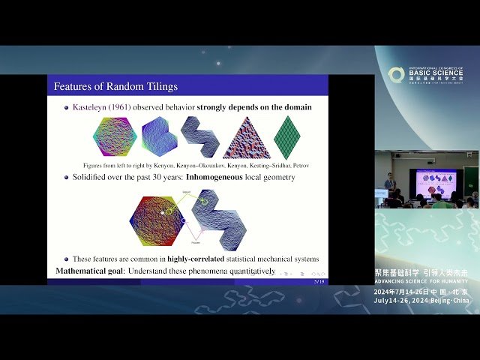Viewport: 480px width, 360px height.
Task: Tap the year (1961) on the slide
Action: [124, 107]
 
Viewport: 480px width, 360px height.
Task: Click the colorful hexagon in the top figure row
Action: [115, 136]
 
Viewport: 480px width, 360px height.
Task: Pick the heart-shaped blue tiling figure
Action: [159, 137]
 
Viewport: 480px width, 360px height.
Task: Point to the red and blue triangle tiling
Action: [246, 136]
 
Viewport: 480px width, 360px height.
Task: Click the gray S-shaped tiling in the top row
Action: [200, 136]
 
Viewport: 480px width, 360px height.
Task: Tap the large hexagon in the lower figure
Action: [157, 221]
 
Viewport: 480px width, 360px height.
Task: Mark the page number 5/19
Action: [319, 280]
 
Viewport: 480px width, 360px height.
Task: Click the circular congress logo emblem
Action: [396, 75]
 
